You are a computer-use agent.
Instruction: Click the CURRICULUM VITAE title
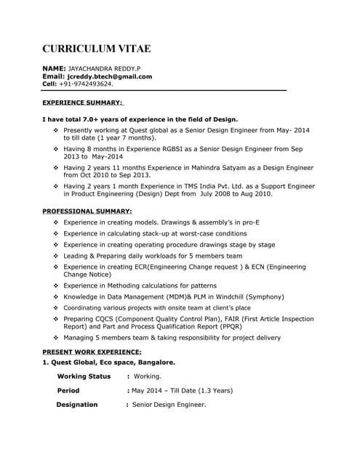click(x=97, y=49)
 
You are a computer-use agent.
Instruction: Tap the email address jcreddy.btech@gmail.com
click(x=109, y=76)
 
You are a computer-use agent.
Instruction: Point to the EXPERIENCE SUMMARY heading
click(x=82, y=103)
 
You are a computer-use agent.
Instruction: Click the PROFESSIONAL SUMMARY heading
click(x=87, y=211)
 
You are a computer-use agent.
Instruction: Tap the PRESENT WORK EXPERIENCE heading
click(x=92, y=352)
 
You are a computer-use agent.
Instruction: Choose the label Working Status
click(x=84, y=376)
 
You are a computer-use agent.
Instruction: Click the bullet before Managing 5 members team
click(x=56, y=338)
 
